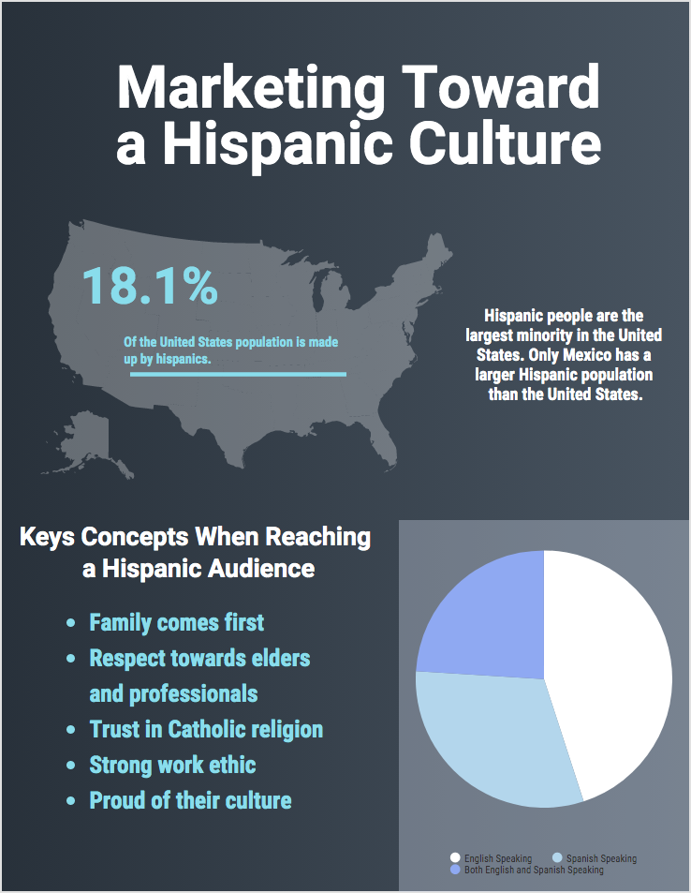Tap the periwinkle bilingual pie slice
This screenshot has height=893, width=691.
click(487, 618)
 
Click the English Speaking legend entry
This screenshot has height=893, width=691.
click(497, 858)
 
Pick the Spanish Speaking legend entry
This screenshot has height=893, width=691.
click(600, 858)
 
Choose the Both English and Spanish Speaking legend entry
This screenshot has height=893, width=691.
click(534, 871)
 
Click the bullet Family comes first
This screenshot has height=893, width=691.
click(176, 622)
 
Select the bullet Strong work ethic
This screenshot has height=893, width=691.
click(172, 765)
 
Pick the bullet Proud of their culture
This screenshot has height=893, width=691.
click(190, 800)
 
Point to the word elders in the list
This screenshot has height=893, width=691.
click(279, 658)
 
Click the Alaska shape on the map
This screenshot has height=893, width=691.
click(89, 440)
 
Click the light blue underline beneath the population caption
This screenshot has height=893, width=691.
click(238, 375)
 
